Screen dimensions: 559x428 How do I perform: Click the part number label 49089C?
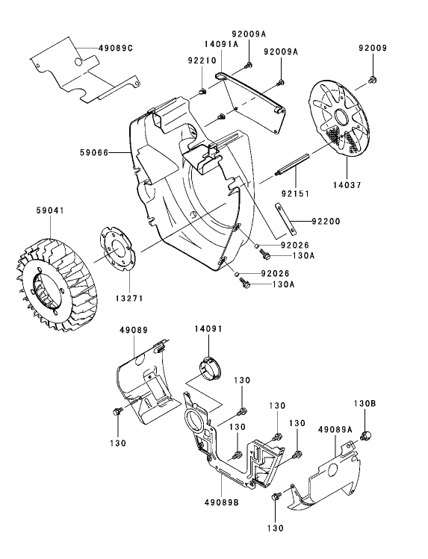116,47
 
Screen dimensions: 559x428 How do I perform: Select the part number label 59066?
95,152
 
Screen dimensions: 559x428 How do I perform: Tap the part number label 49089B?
222,503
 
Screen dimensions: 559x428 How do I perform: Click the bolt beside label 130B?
366,434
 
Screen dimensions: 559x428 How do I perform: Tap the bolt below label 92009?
373,80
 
